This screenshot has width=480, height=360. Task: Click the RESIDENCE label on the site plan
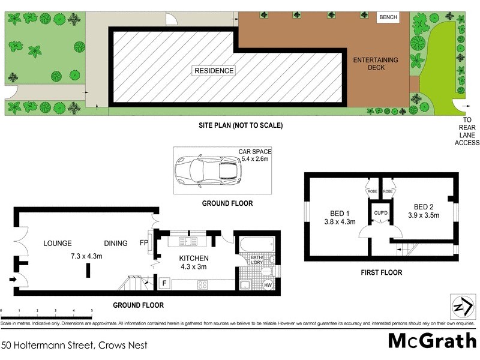[214, 71]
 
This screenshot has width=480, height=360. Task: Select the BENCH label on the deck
[388, 17]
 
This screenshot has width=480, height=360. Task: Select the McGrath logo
[431, 340]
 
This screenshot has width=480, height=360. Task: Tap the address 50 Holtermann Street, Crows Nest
[74, 345]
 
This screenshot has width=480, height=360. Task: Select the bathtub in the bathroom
[256, 244]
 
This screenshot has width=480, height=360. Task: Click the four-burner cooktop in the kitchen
[202, 285]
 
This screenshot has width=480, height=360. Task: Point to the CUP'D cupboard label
[380, 213]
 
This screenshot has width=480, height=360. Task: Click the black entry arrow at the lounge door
[13, 278]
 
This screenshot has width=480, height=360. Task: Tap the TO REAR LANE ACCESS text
[467, 131]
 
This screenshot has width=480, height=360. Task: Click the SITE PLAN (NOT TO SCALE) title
[241, 125]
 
